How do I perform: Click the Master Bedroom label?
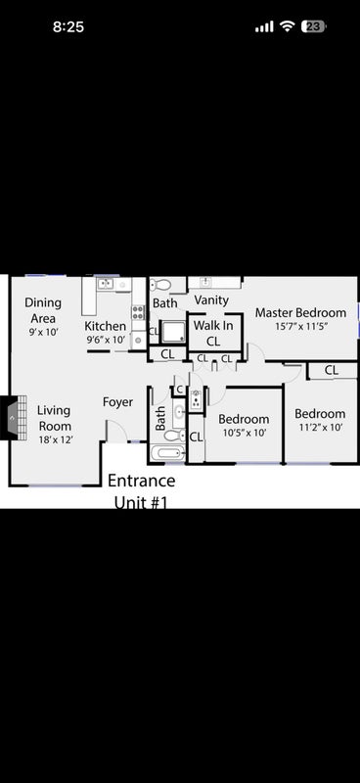click(300, 313)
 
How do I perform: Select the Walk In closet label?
click(213, 334)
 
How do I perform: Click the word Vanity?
click(211, 300)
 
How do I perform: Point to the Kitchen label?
click(105, 326)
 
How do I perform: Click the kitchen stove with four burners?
click(138, 312)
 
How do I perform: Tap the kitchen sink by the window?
click(106, 284)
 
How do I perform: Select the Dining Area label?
click(43, 310)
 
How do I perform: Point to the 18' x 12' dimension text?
click(56, 439)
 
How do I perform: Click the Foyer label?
click(117, 402)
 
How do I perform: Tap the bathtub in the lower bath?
click(167, 454)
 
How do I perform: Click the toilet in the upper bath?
click(160, 285)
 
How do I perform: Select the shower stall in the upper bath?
click(173, 332)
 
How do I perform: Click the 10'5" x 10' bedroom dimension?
click(245, 433)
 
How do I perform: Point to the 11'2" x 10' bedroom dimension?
click(320, 428)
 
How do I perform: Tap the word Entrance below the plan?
click(141, 481)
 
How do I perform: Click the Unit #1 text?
click(140, 502)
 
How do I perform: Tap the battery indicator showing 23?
click(313, 26)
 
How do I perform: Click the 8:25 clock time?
click(68, 26)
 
